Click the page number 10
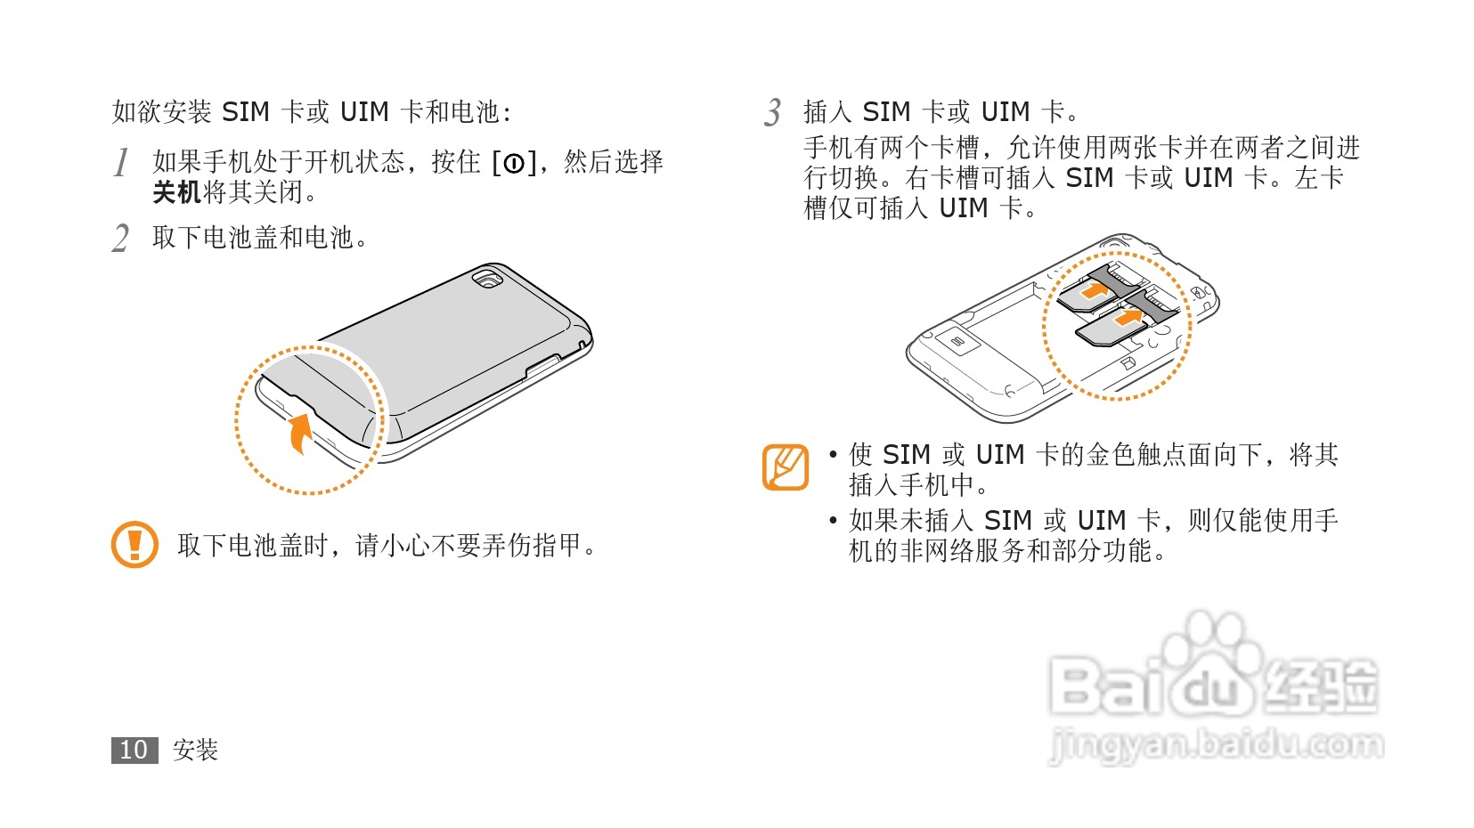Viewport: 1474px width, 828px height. click(x=134, y=751)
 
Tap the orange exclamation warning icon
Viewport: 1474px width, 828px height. click(x=134, y=544)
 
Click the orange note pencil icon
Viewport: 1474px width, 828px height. click(x=786, y=467)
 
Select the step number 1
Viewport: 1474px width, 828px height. click(x=121, y=163)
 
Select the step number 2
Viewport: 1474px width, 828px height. click(x=121, y=239)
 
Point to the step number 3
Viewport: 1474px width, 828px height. click(x=773, y=113)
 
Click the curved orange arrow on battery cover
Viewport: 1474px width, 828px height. click(x=301, y=433)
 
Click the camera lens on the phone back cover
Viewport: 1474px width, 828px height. click(x=486, y=280)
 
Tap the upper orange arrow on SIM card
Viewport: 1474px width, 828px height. click(x=1093, y=290)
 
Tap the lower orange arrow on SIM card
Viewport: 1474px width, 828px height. click(x=1128, y=317)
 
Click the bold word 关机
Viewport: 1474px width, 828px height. click(x=176, y=192)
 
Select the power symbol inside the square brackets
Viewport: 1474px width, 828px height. click(x=514, y=163)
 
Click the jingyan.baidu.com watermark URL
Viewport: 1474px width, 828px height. click(x=1217, y=744)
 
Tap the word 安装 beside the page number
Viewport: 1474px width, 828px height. click(x=195, y=751)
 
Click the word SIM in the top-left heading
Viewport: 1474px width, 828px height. click(x=245, y=112)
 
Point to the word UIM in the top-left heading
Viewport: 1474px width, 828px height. click(x=364, y=112)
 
